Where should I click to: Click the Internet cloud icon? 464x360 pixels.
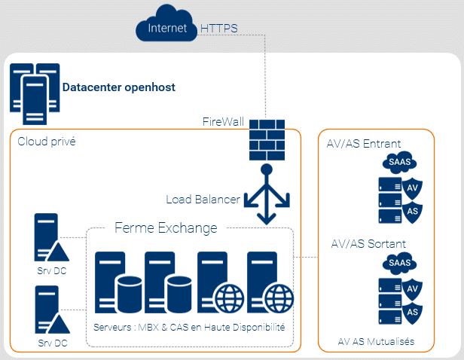click(166, 23)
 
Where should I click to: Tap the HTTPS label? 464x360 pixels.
click(219, 29)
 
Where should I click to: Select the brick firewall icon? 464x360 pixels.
click(267, 140)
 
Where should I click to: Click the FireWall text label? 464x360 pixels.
click(223, 121)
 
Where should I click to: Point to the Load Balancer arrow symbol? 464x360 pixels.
click(267, 194)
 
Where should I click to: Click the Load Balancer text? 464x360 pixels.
click(203, 200)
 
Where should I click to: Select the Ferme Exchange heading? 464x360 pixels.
click(166, 227)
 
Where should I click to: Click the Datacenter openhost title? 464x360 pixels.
click(119, 87)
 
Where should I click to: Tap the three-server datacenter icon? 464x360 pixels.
click(35, 94)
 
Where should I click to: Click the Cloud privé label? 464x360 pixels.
click(47, 142)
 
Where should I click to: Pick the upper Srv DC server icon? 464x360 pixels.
click(51, 237)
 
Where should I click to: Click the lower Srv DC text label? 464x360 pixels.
click(53, 343)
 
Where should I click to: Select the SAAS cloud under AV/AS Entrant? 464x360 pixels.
click(399, 162)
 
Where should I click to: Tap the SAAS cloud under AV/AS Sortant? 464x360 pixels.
click(399, 263)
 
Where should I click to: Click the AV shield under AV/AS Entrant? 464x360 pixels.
click(412, 188)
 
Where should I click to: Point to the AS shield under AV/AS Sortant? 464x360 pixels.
click(412, 313)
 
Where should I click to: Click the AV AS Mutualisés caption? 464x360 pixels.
click(376, 342)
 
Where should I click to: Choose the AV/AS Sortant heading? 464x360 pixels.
click(368, 244)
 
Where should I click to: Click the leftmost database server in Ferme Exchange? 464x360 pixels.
click(118, 282)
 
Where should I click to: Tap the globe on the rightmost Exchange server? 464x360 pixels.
click(279, 298)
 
